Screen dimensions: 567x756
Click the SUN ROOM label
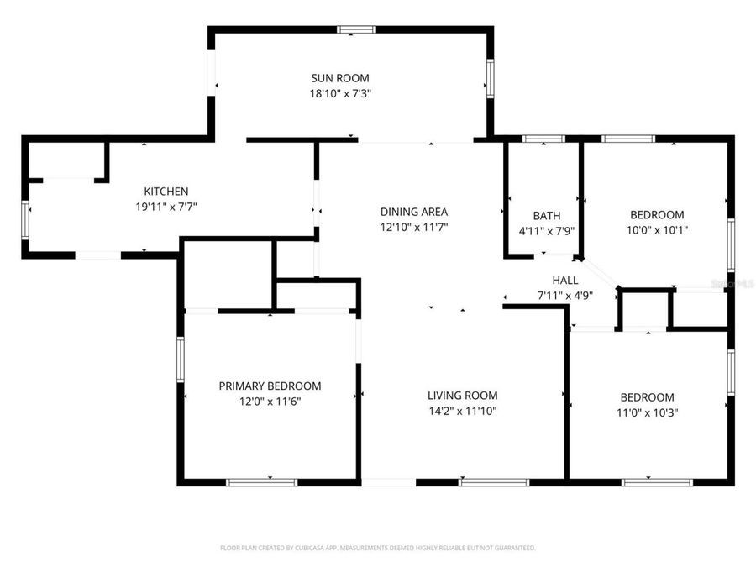340,78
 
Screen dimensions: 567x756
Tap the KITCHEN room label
165,192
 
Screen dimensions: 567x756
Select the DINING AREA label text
413,212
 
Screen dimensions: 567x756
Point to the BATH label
547,216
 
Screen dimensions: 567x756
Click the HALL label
564,280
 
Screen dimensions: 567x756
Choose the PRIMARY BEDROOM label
270,386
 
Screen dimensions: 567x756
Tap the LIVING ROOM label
462,396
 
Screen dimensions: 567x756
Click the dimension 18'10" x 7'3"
340,94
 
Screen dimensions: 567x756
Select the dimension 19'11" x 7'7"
165,207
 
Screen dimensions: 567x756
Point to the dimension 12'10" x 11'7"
413,227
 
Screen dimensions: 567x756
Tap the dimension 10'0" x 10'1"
657,230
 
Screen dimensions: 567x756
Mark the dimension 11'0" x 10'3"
647,412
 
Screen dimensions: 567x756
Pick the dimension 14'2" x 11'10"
462,411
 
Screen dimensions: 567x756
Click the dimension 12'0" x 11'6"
270,402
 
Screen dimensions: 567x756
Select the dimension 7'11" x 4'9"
564,295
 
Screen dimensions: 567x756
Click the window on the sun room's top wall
356,29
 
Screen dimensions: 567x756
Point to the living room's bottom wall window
494,482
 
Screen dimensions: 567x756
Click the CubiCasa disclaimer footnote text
377,548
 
